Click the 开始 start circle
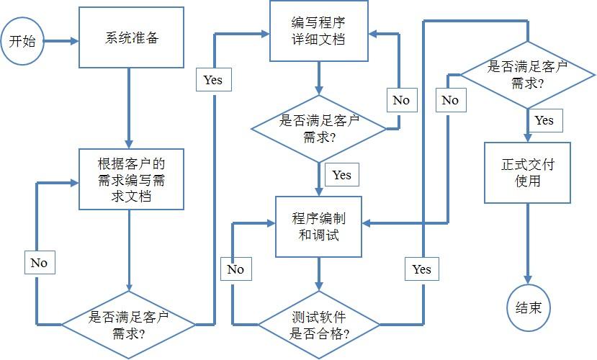pos(22,41)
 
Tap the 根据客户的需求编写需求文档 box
pos(132,179)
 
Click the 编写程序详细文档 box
pos(319,31)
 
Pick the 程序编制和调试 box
pos(319,227)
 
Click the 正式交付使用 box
pos(527,172)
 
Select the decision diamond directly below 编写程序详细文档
pos(319,128)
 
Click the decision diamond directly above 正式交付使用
pos(527,74)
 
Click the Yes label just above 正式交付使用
pos(544,120)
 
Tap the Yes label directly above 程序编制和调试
pos(341,174)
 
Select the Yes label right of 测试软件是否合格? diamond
pos(421,269)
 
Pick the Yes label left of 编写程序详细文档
pos(213,80)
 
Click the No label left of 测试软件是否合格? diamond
pos(235,269)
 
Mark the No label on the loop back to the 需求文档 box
pos(39,263)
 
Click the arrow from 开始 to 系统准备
pos(60,41)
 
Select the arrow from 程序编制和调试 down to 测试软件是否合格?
pos(319,274)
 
